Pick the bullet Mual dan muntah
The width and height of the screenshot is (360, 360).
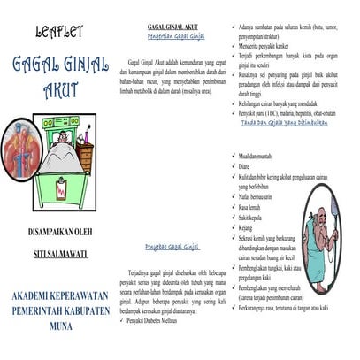[x=257, y=155]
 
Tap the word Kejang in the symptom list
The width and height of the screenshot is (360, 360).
[x=249, y=226]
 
